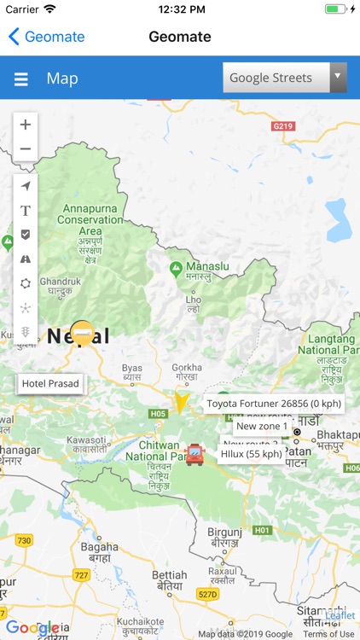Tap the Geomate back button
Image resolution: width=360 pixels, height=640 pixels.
46,37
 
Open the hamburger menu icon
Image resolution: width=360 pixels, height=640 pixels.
21,79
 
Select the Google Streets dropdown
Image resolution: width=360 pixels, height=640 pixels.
284,78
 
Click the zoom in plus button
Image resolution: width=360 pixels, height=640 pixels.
26,125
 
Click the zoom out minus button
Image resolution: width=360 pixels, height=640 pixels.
26,148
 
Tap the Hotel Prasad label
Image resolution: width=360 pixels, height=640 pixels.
50,384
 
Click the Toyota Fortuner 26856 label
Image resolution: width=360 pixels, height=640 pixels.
274,404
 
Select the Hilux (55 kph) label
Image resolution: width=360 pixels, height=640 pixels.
252,454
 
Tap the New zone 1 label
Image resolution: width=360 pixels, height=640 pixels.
262,426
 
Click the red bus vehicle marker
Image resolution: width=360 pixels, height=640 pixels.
195,454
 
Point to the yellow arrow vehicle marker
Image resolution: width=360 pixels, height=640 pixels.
181,401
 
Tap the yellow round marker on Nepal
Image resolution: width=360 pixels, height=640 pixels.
82,332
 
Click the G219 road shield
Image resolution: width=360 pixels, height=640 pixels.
282,126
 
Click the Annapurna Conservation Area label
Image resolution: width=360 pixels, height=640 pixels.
90,219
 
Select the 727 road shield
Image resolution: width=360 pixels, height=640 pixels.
81,575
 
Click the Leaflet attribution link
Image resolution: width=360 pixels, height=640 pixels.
340,615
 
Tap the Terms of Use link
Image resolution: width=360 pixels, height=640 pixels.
328,634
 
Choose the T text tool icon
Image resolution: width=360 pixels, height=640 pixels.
26,210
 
